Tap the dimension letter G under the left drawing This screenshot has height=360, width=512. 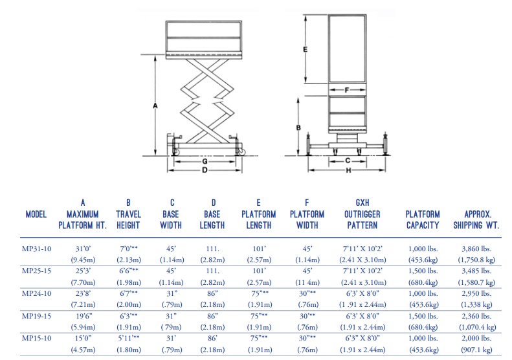[x=205, y=161]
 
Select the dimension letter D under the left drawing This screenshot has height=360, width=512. [x=205, y=170]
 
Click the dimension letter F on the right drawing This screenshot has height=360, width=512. [x=347, y=90]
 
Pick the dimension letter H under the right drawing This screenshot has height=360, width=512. [x=348, y=170]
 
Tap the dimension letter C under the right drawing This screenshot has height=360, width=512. [x=348, y=159]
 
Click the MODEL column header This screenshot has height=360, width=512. [x=36, y=214]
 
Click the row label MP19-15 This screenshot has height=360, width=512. [x=36, y=316]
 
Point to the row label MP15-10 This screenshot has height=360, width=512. [x=36, y=338]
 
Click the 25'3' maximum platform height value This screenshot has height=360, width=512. [x=83, y=270]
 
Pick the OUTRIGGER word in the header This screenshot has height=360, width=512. [x=362, y=214]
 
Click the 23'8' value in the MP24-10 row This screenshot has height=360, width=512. [x=83, y=293]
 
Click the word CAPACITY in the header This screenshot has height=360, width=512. [x=423, y=225]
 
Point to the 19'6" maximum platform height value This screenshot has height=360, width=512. [x=83, y=316]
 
